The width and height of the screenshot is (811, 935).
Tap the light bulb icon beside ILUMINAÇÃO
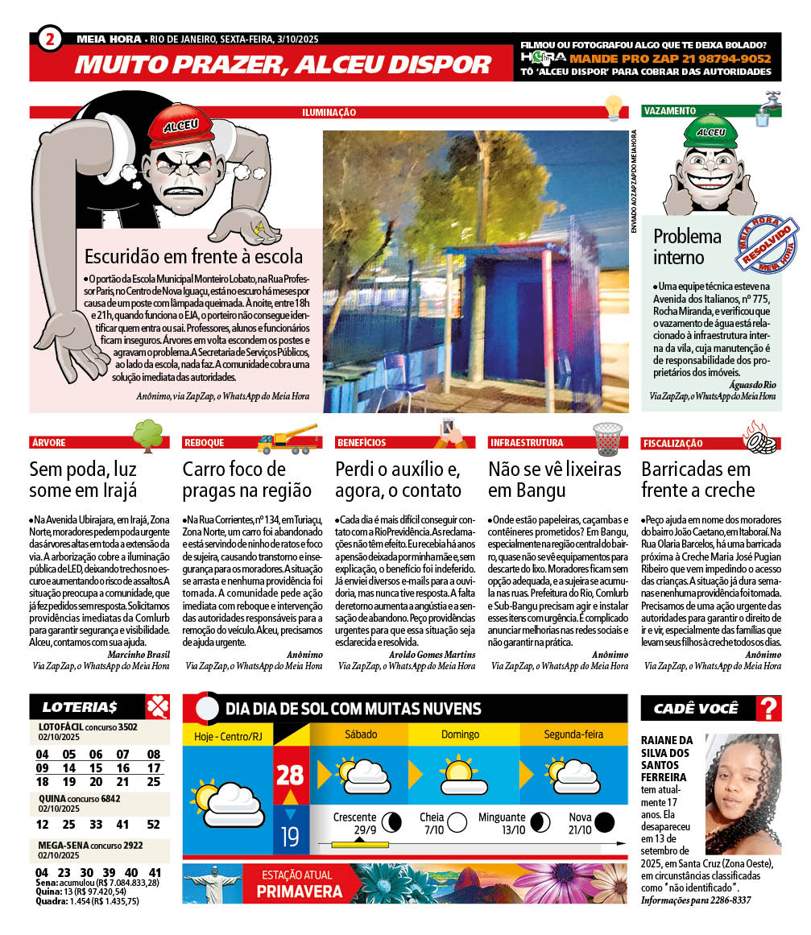tap(614, 108)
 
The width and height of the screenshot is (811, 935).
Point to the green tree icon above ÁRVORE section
tap(147, 434)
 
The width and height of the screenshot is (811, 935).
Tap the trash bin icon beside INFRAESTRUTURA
tap(608, 438)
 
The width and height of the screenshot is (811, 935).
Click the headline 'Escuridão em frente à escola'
tap(194, 257)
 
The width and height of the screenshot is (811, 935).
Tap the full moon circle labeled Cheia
tap(457, 822)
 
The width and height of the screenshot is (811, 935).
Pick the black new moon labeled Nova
tap(604, 822)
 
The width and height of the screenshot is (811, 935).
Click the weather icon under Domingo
tap(458, 773)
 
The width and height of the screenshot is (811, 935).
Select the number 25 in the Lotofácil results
tap(154, 781)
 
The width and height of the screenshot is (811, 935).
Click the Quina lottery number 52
tap(154, 824)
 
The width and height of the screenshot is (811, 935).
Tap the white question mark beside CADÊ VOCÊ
tap(769, 709)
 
